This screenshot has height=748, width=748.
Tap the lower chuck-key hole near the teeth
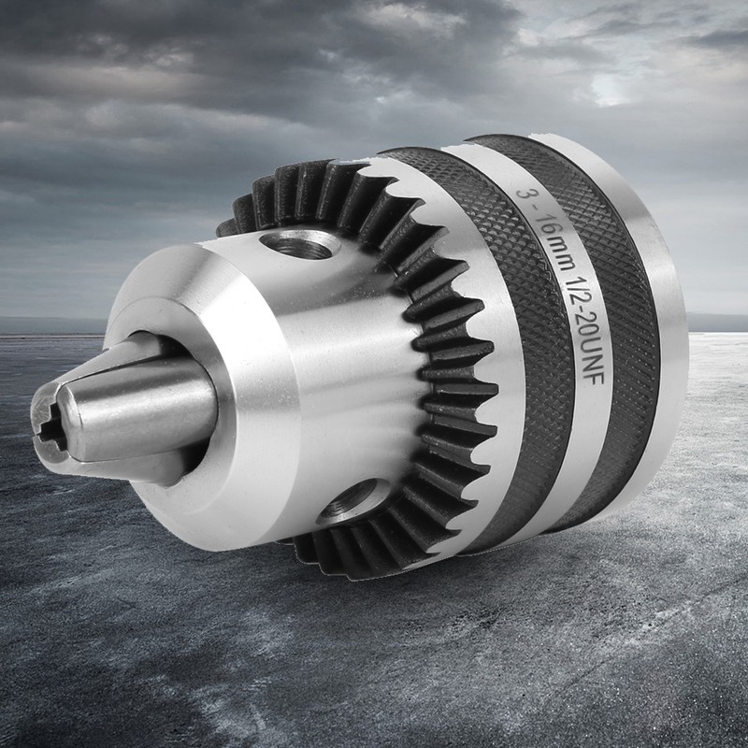pos(352,500)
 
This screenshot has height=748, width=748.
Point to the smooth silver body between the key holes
pos(346,374)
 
